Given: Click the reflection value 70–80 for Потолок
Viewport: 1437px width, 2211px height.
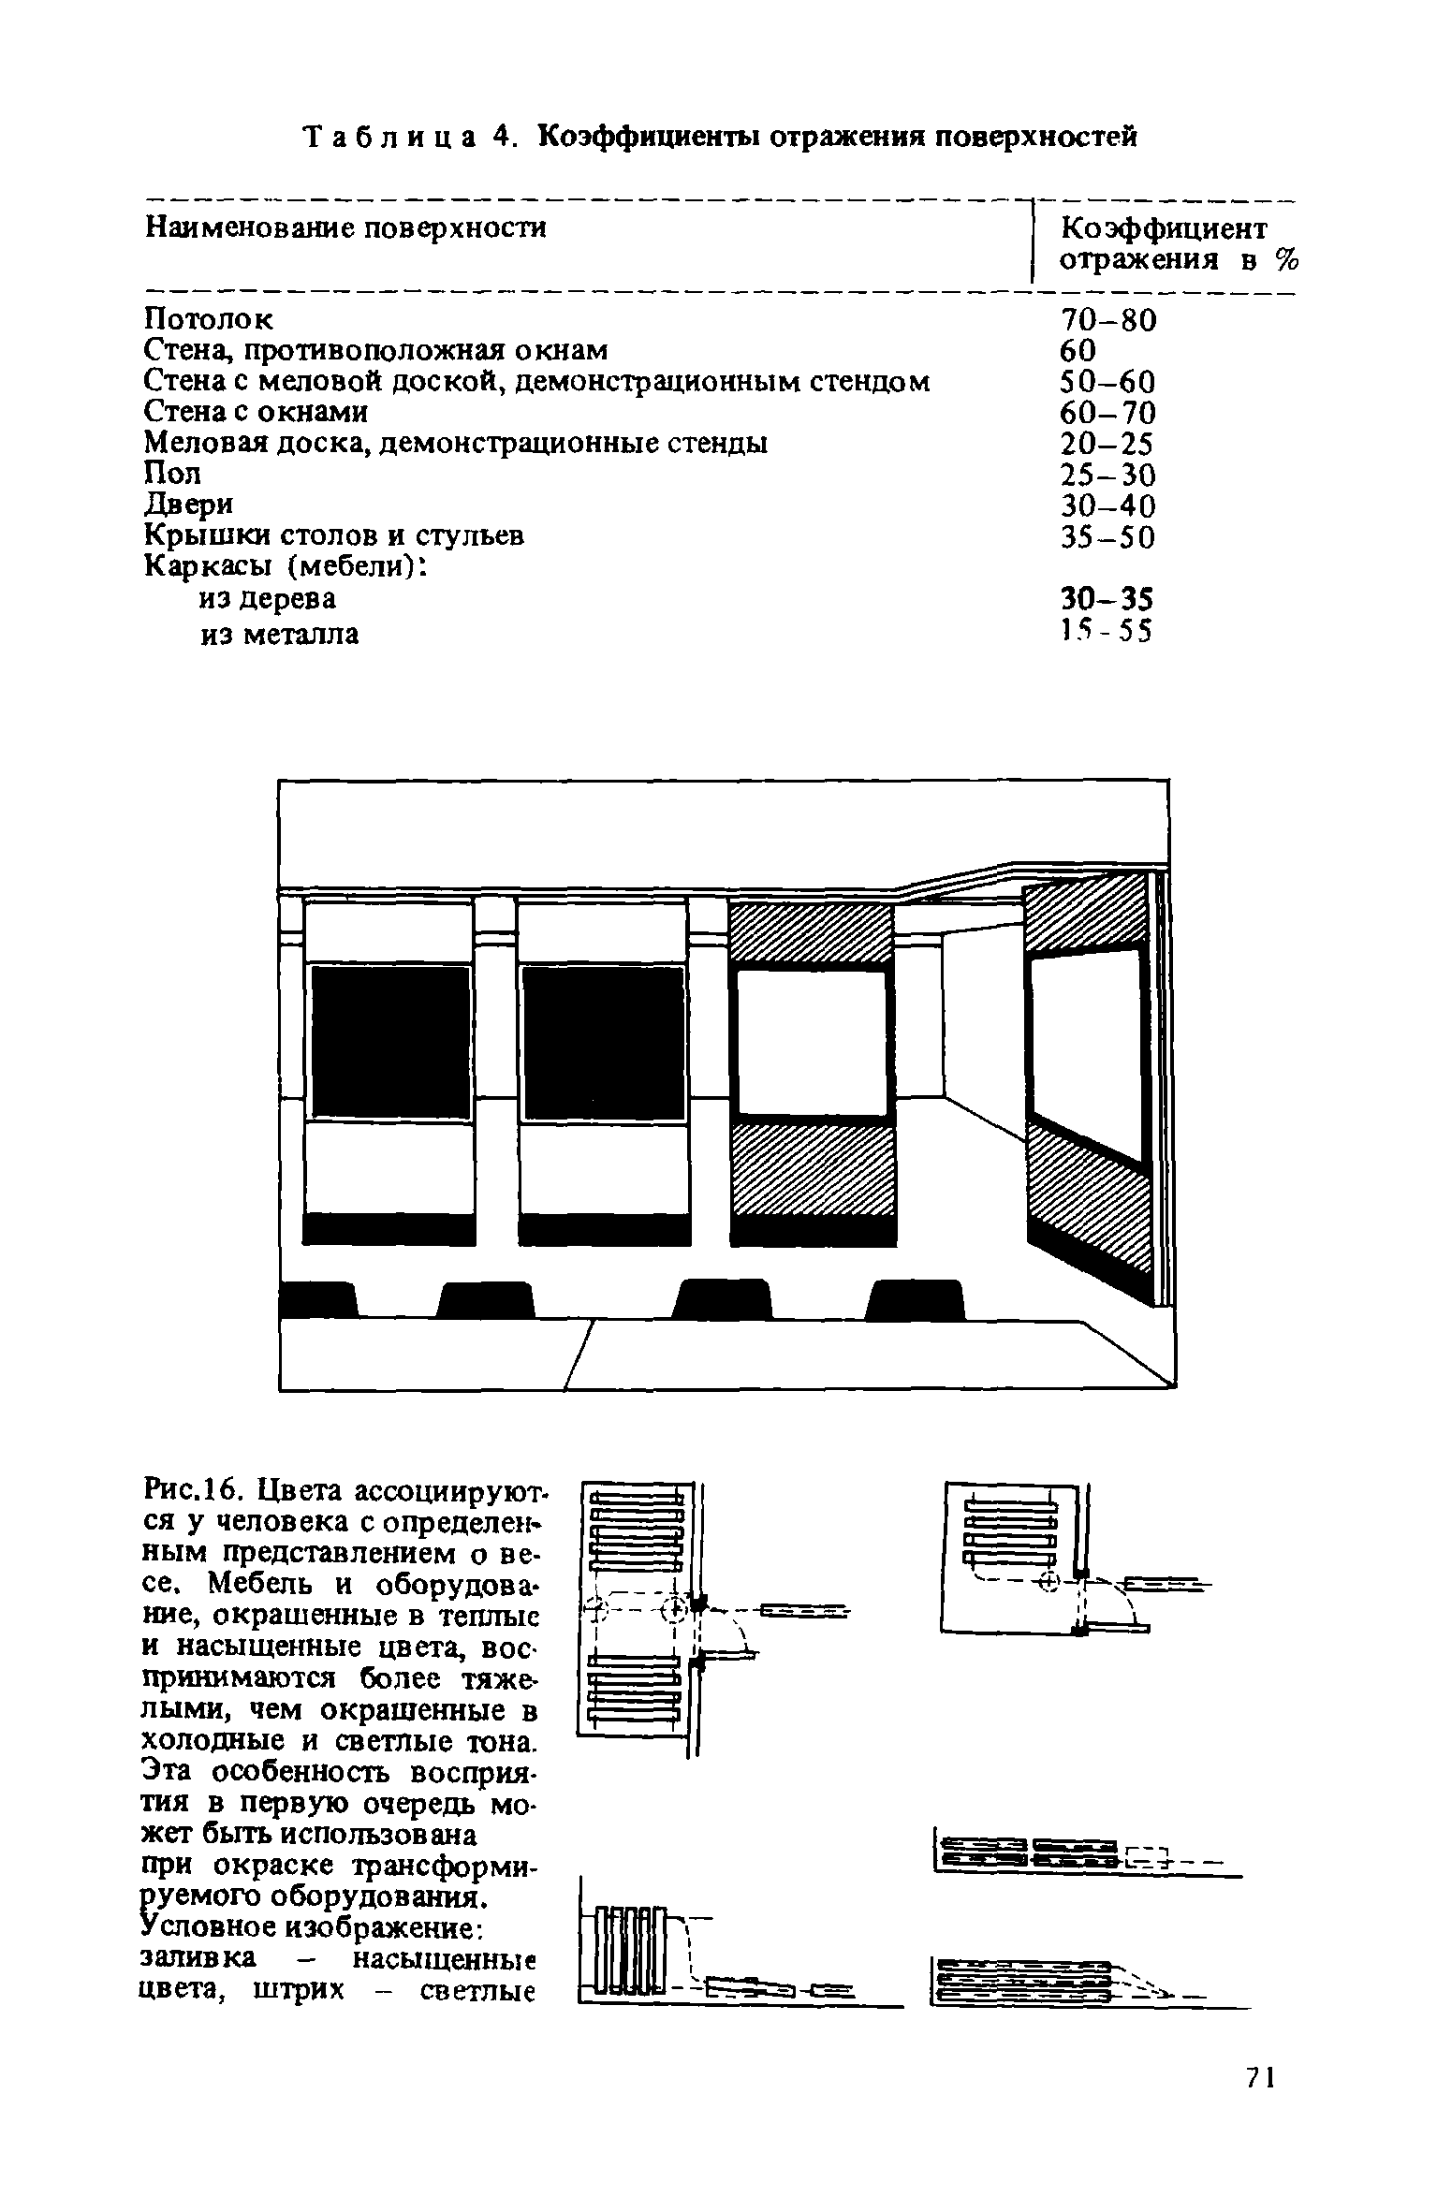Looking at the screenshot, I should [x=1108, y=321].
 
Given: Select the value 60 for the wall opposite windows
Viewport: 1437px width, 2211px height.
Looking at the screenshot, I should [x=1078, y=351].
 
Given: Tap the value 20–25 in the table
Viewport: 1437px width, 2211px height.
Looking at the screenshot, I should [x=1108, y=444].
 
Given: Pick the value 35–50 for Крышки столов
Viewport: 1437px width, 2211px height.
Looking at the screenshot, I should [x=1108, y=537].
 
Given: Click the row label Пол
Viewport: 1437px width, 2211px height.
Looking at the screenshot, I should [x=173, y=474].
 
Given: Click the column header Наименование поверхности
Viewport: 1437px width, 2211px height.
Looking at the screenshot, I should [x=345, y=228].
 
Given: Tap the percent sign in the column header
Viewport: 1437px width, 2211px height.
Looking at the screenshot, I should [x=1287, y=260].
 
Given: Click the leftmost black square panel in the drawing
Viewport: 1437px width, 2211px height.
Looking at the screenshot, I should [x=390, y=1043].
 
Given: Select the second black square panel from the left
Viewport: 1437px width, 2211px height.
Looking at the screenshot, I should [x=603, y=1043].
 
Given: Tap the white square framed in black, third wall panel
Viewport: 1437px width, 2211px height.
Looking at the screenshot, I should [x=812, y=1043].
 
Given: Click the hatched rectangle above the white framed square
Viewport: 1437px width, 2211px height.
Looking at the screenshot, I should [x=812, y=932].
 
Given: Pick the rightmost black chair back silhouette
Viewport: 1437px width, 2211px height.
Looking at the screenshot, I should [x=915, y=1300].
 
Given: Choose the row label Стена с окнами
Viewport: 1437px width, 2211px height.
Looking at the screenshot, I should [x=257, y=413].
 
